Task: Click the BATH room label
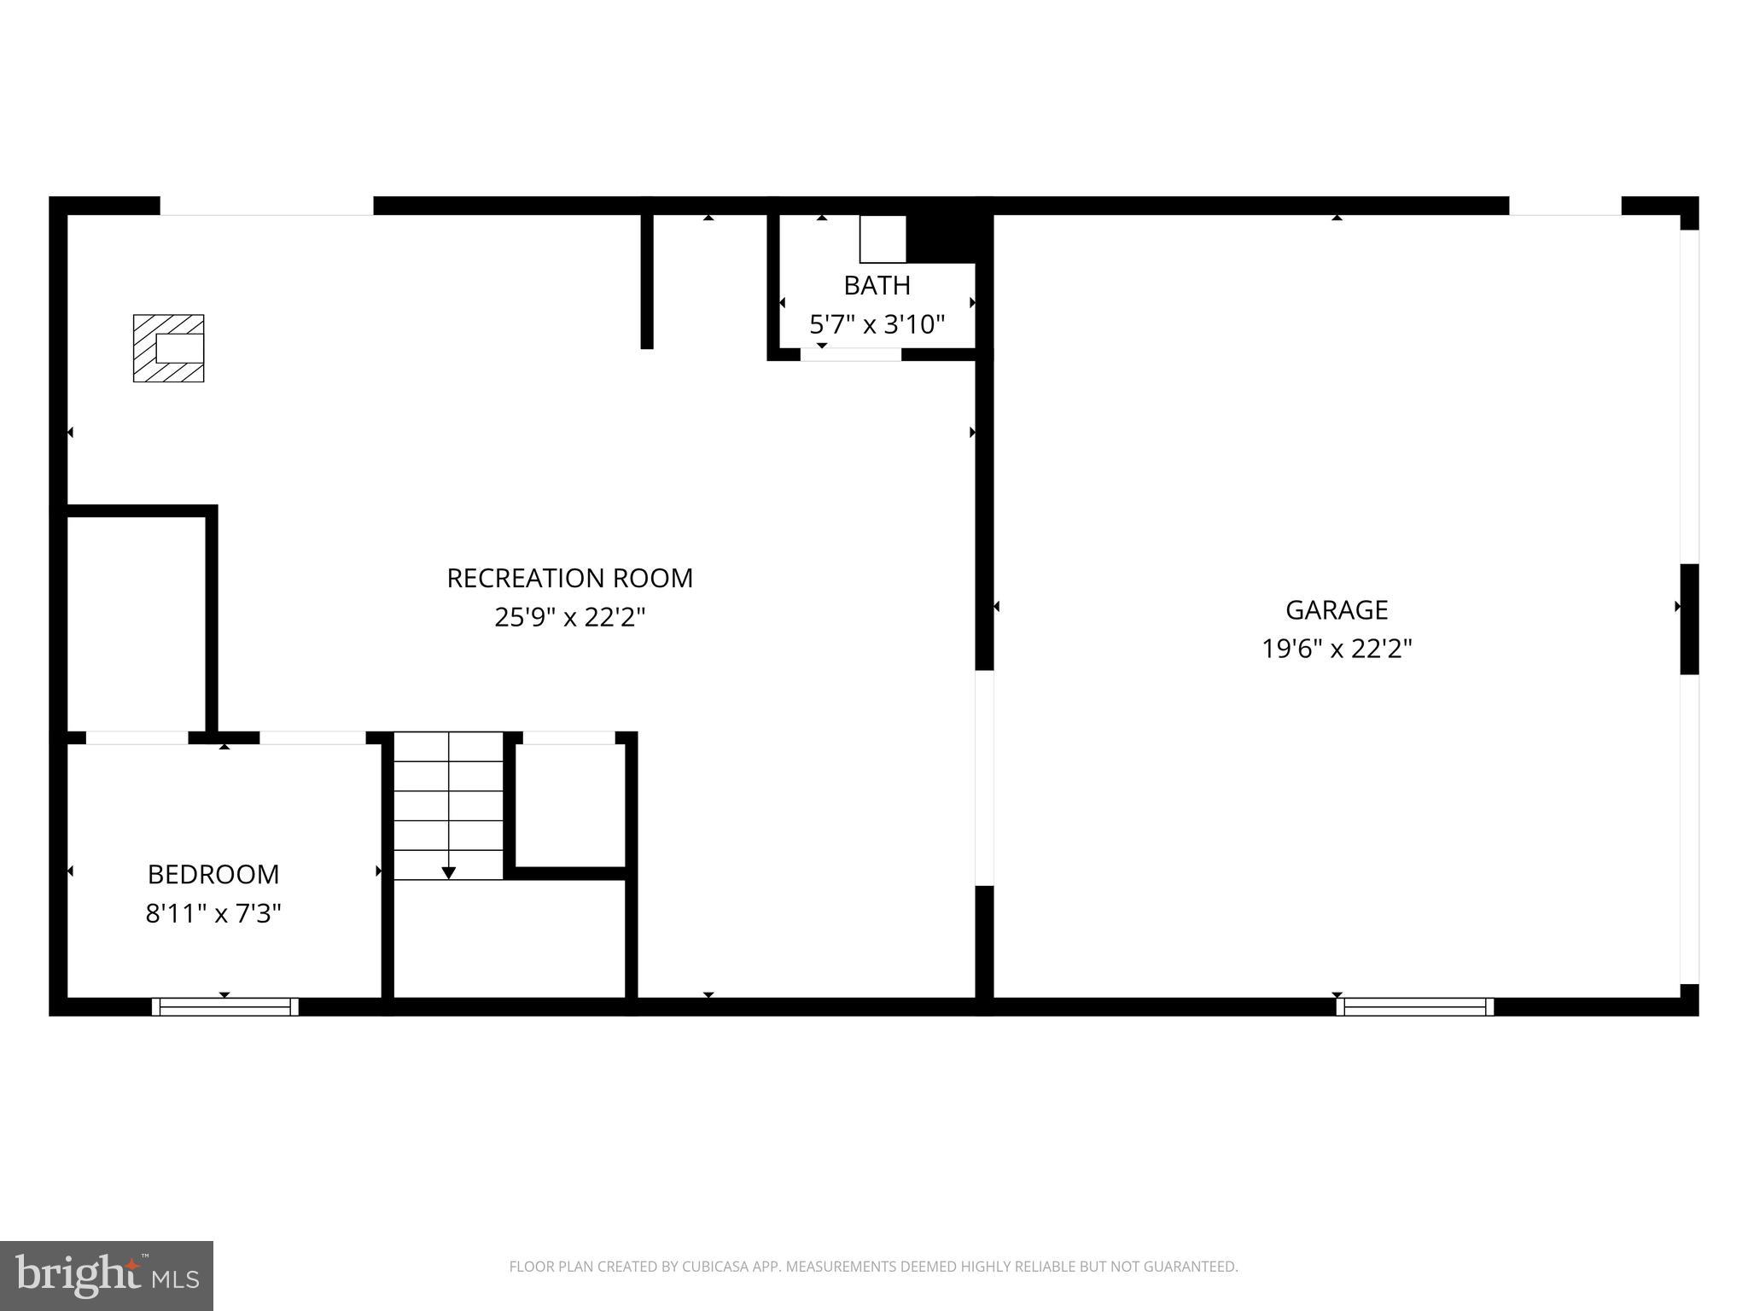click(x=877, y=285)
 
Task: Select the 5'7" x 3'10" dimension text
click(x=877, y=324)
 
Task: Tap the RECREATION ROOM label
click(x=569, y=578)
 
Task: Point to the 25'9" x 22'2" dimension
click(x=569, y=617)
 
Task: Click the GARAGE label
click(x=1337, y=609)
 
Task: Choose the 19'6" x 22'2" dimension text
click(x=1337, y=650)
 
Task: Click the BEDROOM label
click(x=213, y=874)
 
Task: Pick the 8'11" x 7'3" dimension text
click(x=213, y=914)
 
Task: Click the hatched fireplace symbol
click(x=168, y=348)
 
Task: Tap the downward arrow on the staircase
click(x=449, y=871)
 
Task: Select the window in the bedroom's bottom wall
click(x=225, y=1007)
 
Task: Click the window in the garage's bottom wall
click(x=1414, y=1007)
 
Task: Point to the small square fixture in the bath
click(x=882, y=239)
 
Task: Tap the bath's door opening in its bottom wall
click(x=850, y=355)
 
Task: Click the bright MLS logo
click(x=106, y=1275)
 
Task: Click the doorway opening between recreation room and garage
click(x=984, y=778)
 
